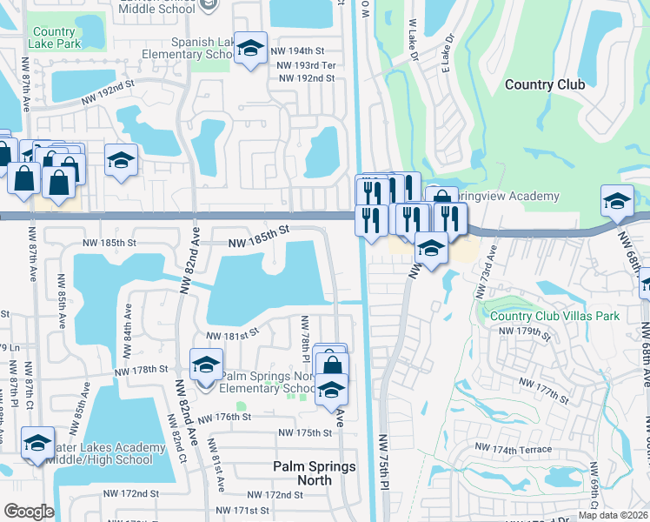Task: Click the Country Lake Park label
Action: [x=54, y=37]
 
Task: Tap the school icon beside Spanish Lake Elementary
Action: [x=250, y=50]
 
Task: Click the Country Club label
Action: [x=545, y=84]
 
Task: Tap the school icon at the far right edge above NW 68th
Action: [x=617, y=202]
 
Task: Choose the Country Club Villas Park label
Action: [x=554, y=315]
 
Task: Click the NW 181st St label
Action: [x=233, y=332]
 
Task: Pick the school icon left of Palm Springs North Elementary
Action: [x=206, y=365]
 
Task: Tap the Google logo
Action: [x=29, y=512]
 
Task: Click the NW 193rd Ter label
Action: [x=302, y=65]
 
